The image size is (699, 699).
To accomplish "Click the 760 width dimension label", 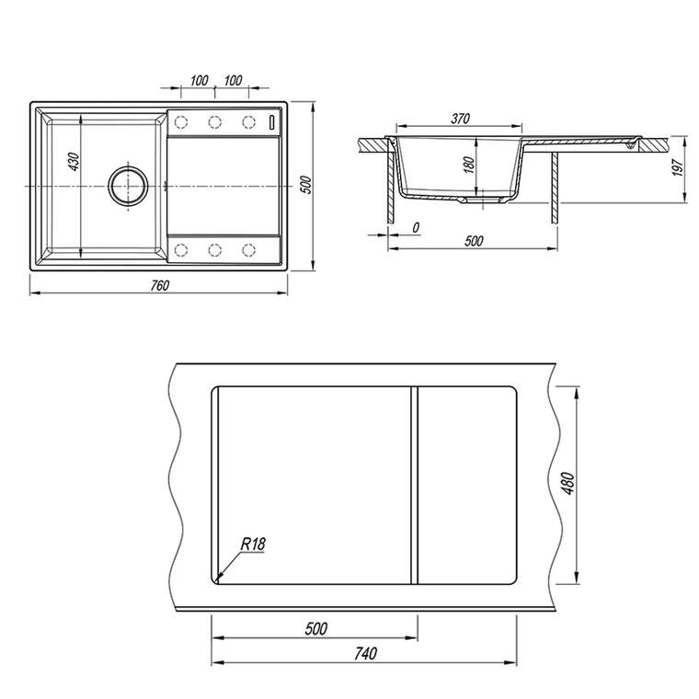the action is click(160, 285).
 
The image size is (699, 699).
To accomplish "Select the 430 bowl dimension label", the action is click(74, 162).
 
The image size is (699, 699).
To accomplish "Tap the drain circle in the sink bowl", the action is click(129, 186).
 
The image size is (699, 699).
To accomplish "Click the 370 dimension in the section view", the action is click(460, 119).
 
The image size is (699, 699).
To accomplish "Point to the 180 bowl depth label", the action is click(468, 165).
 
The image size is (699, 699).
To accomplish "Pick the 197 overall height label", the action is click(678, 167).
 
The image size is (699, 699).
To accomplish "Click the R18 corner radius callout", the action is click(253, 544).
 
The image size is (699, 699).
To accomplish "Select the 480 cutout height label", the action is click(568, 483).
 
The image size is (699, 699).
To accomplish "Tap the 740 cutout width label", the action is click(365, 654).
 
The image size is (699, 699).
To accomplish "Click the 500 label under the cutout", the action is click(316, 628).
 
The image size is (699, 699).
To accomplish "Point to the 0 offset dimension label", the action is click(416, 228).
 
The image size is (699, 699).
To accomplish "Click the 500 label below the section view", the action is click(474, 241).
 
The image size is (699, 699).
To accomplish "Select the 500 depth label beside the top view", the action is click(305, 185).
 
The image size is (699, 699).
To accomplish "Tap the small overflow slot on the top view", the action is click(272, 122).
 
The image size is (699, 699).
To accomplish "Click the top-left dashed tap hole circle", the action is click(181, 121).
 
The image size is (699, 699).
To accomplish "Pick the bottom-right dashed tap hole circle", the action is click(248, 250).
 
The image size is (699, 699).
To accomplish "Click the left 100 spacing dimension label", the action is click(199, 80).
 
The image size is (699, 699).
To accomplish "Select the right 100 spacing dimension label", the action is click(233, 80).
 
